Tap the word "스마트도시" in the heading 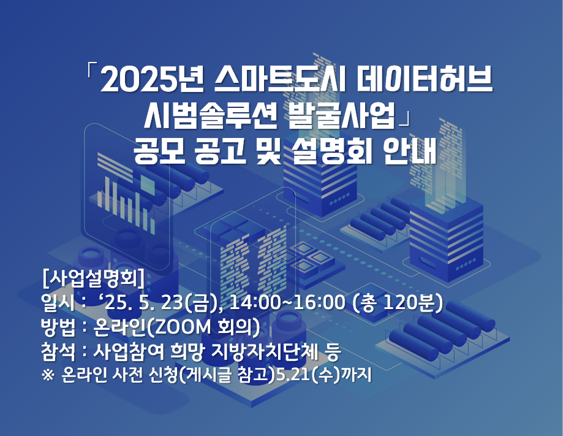[280, 79]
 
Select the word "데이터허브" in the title [424, 79]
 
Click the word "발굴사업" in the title [341, 116]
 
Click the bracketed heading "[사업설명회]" [93, 278]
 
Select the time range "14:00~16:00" [287, 303]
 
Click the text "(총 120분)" [398, 303]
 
